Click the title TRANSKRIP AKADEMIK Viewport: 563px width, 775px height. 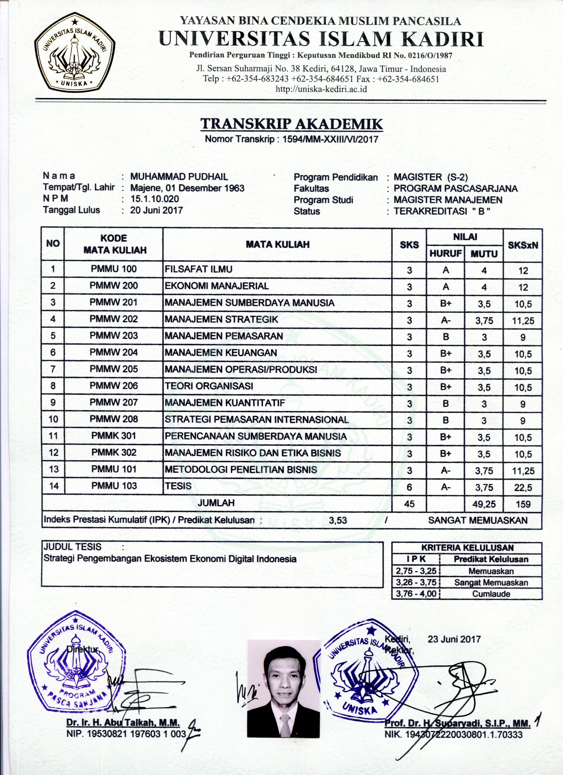point(291,124)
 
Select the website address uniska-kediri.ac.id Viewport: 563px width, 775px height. point(321,89)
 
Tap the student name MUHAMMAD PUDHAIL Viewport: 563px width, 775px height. point(179,177)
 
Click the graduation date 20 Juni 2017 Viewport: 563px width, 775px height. point(157,210)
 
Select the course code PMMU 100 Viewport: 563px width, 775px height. point(113,269)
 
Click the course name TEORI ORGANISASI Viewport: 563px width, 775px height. point(209,386)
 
